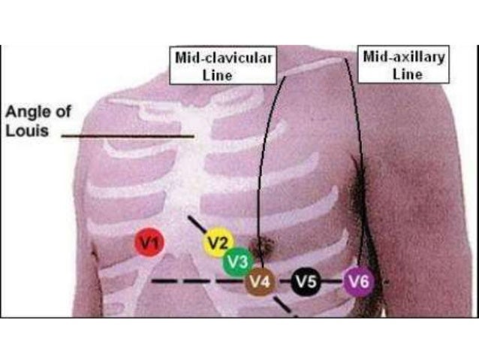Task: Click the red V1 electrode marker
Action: click(149, 242)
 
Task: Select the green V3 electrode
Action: click(237, 262)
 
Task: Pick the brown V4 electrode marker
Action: click(260, 283)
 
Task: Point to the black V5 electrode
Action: click(306, 283)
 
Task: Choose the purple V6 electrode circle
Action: click(358, 283)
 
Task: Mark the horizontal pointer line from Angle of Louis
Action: click(128, 136)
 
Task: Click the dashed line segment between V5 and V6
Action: click(333, 283)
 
